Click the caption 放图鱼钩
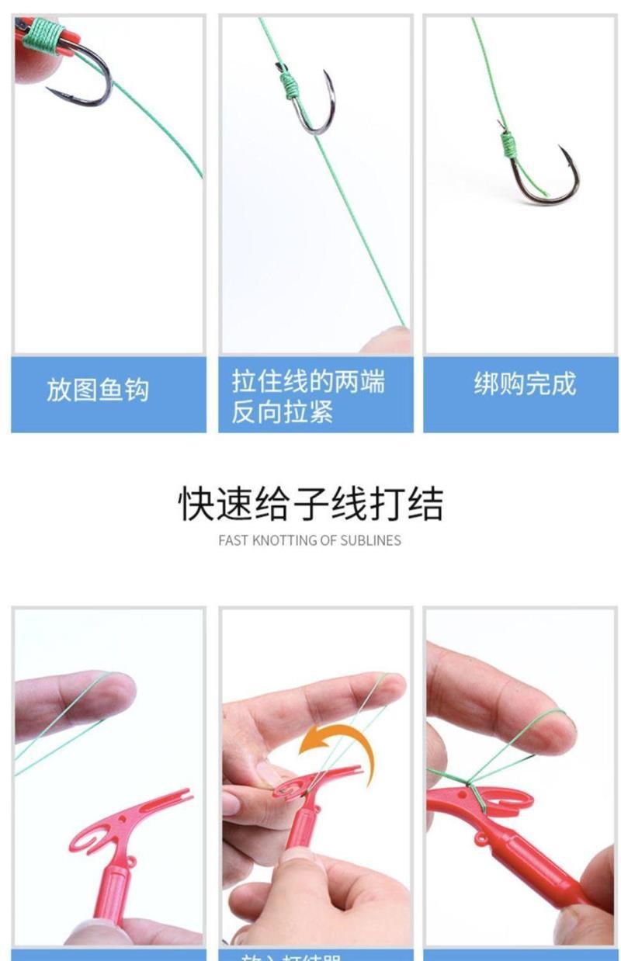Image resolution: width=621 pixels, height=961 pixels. (x=97, y=389)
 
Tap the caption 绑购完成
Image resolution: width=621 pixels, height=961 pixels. (x=525, y=383)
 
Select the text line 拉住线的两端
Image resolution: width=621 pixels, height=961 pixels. (x=307, y=381)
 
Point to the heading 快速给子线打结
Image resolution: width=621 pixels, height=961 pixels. (x=310, y=505)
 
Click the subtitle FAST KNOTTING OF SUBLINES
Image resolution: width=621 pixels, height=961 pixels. (x=310, y=540)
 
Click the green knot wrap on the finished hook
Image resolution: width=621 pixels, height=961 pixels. (x=509, y=144)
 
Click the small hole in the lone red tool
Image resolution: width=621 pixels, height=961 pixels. (x=131, y=861)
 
